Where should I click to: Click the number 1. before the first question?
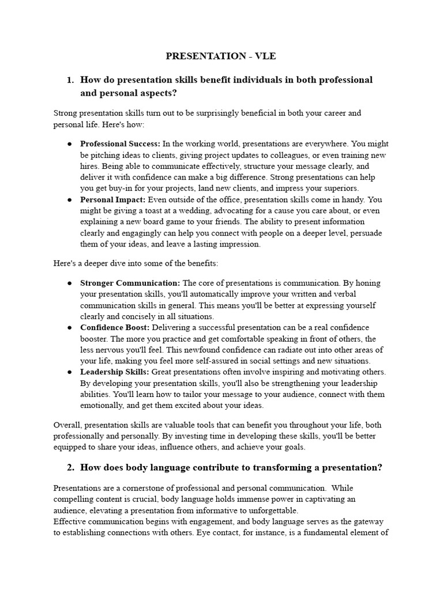pyautogui.click(x=71, y=80)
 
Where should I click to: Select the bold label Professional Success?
pyautogui.click(x=120, y=143)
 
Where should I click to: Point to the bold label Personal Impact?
pyautogui.click(x=113, y=199)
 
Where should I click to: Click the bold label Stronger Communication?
pyautogui.click(x=130, y=283)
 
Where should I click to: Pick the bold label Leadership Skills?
pyautogui.click(x=115, y=372)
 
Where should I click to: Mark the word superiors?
pyautogui.click(x=340, y=188)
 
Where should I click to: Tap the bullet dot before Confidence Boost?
pyautogui.click(x=70, y=328)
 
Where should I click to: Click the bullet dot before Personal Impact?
pyautogui.click(x=70, y=200)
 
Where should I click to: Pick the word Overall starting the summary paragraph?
pyautogui.click(x=67, y=425)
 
